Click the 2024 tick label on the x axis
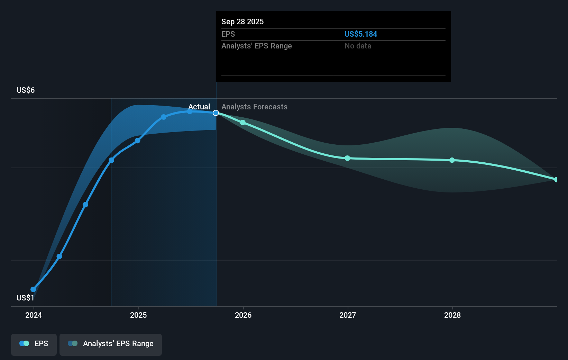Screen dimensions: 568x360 (x=34, y=315)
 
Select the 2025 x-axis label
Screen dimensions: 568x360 (x=138, y=315)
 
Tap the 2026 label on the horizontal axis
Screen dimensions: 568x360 (x=243, y=315)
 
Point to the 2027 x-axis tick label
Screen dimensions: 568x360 (x=348, y=315)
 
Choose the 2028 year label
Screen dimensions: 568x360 (x=452, y=315)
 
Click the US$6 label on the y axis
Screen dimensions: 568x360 (x=26, y=90)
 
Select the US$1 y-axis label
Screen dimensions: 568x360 (x=25, y=298)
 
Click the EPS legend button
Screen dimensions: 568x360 (x=34, y=344)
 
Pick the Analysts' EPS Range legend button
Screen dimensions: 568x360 (x=111, y=344)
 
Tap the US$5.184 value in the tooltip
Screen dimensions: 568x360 (x=360, y=34)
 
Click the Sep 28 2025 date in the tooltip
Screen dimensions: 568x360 (x=242, y=21)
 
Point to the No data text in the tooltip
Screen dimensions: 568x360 (x=358, y=46)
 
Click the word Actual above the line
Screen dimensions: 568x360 (x=199, y=107)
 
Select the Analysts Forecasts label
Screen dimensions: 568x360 (x=254, y=107)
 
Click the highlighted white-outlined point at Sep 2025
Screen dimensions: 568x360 (x=216, y=113)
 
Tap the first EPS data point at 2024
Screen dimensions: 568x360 (x=33, y=289)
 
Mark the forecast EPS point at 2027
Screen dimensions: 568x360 (x=347, y=158)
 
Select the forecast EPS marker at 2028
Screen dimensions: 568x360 (x=452, y=160)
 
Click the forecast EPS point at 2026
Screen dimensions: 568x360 (x=243, y=123)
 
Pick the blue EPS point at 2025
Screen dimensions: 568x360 (x=137, y=141)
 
